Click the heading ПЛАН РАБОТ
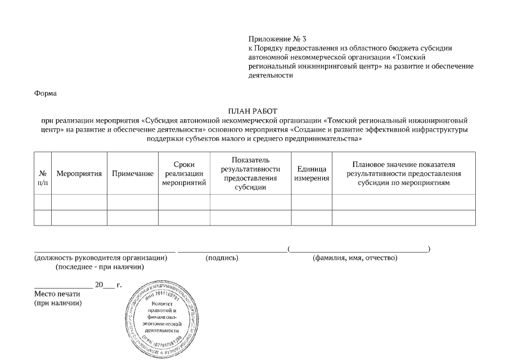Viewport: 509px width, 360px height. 253,111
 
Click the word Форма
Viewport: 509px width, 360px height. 46,93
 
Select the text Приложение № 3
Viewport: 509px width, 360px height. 278,39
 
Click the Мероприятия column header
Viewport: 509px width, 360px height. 79,174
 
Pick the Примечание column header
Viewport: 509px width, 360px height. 133,174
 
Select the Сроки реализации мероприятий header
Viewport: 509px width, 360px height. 184,174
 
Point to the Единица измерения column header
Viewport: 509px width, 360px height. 312,174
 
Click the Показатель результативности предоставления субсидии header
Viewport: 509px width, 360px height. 250,174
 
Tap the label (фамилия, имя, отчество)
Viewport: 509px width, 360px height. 355,258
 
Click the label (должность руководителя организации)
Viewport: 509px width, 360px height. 101,258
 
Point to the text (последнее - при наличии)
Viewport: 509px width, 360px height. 100,267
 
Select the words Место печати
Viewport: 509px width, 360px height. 57,294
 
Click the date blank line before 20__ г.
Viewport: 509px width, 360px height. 63,287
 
